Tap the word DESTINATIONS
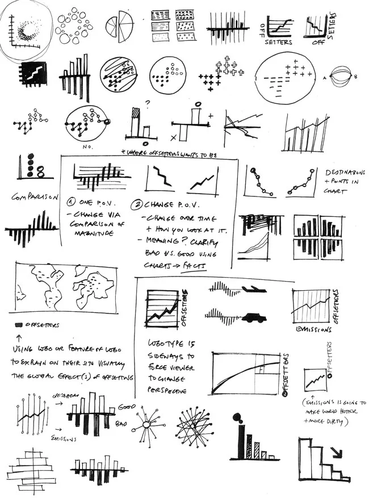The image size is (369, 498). pyautogui.click(x=347, y=172)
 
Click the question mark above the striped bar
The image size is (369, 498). pyautogui.click(x=146, y=104)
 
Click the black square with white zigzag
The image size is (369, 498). pyautogui.click(x=32, y=74)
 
